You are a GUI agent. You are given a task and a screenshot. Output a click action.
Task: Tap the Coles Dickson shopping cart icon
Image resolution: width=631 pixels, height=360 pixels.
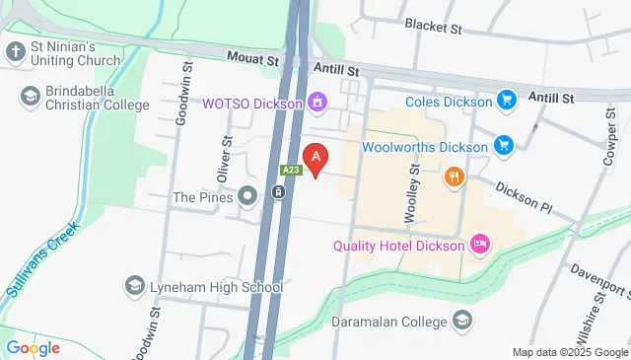click(x=507, y=101)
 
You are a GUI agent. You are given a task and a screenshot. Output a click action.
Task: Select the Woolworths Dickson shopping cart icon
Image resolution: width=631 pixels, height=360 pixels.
click(x=503, y=147)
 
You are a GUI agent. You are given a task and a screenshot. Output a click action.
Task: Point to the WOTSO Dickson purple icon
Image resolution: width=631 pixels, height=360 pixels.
click(x=316, y=102)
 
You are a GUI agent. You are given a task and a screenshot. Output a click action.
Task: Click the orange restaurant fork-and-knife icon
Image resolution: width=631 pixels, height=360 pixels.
click(x=454, y=178)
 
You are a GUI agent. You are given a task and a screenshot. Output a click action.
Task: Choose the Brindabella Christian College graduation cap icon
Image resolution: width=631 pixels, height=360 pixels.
click(x=30, y=96)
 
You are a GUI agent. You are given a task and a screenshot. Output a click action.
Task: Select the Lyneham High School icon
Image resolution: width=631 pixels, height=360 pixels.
click(x=134, y=286)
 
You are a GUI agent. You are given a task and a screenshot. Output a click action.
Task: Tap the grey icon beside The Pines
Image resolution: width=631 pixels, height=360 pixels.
click(x=247, y=196)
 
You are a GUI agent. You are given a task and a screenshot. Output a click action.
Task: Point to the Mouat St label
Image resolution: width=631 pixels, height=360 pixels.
click(x=253, y=61)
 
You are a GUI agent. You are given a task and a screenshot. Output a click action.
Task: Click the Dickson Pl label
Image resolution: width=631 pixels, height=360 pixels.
click(x=525, y=196)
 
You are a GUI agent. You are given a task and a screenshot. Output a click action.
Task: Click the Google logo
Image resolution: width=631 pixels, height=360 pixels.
click(x=33, y=347)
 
